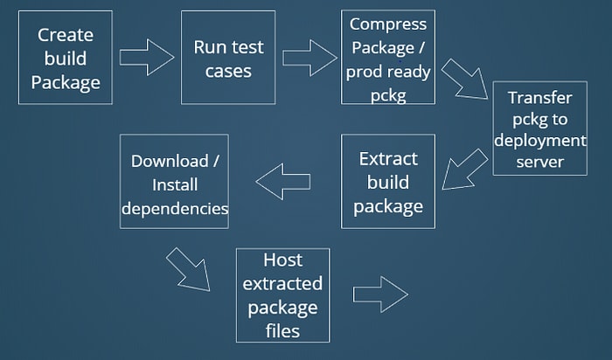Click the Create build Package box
[66, 58]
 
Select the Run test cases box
[228, 58]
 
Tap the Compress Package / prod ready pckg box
[388, 57]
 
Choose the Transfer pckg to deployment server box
[540, 128]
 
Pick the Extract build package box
[388, 182]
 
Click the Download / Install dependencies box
[175, 182]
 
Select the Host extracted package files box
[283, 295]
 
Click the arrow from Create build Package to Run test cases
[146, 58]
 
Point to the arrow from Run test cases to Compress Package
[309, 58]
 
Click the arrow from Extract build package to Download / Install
[283, 182]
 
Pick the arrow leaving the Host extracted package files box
[380, 294]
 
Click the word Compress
[388, 24]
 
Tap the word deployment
[540, 141]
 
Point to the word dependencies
[175, 209]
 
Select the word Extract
[388, 159]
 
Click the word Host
[283, 260]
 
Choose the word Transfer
[540, 98]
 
